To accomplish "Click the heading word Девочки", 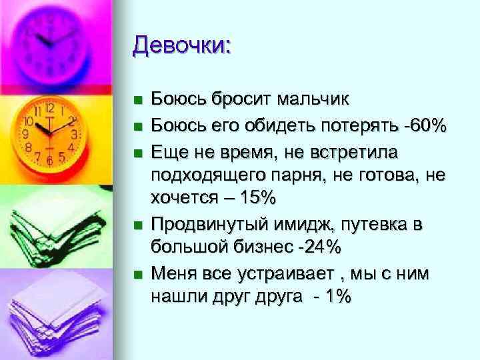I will click(181, 46).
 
